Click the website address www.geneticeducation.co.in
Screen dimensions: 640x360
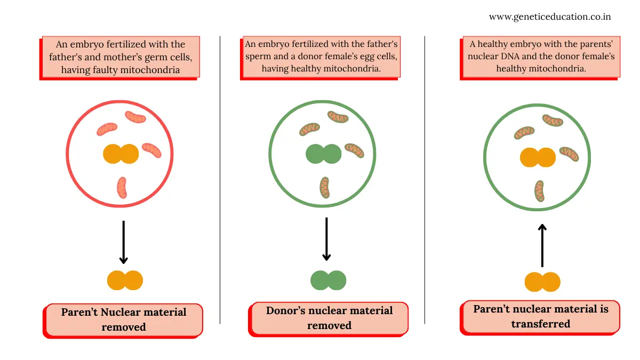click(550, 17)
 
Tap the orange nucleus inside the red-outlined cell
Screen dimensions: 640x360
click(121, 154)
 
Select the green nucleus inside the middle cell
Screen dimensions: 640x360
click(323, 154)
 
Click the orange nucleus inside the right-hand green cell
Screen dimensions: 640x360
click(538, 157)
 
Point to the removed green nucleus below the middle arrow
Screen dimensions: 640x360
click(329, 281)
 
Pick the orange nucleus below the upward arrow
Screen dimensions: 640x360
click(542, 282)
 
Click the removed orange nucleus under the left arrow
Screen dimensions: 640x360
click(125, 281)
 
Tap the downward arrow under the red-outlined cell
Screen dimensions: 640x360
click(123, 242)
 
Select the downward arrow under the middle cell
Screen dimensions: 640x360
click(326, 239)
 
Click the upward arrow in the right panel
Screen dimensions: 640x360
click(542, 246)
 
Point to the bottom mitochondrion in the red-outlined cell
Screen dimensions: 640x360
click(122, 188)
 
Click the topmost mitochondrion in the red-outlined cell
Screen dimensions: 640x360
click(135, 117)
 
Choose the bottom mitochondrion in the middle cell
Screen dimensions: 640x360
click(325, 187)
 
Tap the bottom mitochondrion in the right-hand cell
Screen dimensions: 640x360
click(539, 191)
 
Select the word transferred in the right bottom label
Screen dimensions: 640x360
click(541, 324)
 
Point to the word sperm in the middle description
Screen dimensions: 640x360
click(258, 57)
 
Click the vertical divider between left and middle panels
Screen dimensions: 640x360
click(220, 180)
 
